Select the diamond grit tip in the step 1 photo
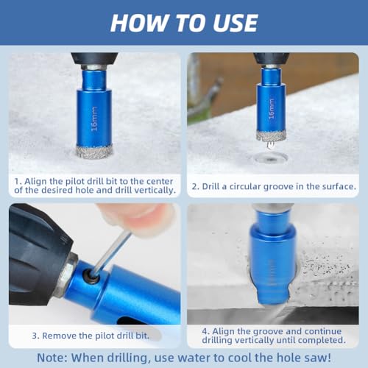93,151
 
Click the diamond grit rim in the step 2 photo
272,136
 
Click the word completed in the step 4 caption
322,340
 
